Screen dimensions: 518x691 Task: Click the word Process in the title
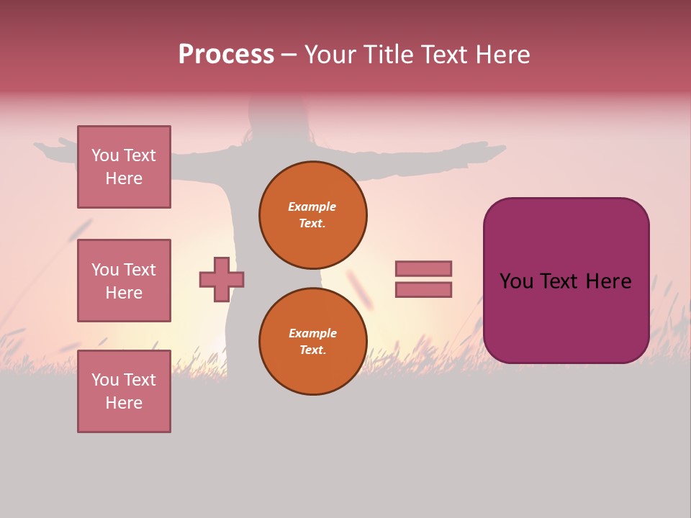[x=225, y=55]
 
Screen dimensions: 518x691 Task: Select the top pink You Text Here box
[x=124, y=167]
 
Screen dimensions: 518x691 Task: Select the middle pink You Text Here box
[x=124, y=281]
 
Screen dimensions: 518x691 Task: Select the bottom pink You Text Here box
[x=124, y=391]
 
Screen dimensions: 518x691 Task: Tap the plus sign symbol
[x=222, y=280]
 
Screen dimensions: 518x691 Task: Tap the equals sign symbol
[x=423, y=279]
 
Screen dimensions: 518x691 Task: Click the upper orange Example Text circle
[x=313, y=215]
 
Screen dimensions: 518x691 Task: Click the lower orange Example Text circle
[x=313, y=341]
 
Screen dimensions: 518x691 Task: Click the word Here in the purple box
[x=608, y=281]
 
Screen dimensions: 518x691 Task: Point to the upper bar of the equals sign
[x=423, y=269]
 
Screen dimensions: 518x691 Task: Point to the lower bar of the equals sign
[x=423, y=290]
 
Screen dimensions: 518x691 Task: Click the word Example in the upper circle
[x=312, y=206]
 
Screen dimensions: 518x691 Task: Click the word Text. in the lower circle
[x=312, y=350]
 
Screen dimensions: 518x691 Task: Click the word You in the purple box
[x=515, y=281]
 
